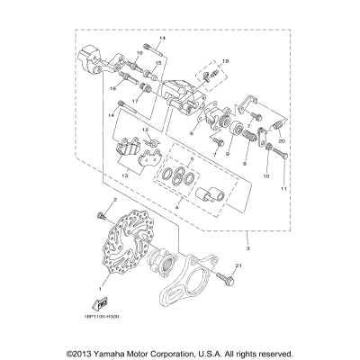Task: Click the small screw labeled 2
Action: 101,214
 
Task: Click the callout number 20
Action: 282,140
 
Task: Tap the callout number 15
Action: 157,64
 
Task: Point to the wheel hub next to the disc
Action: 166,262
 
